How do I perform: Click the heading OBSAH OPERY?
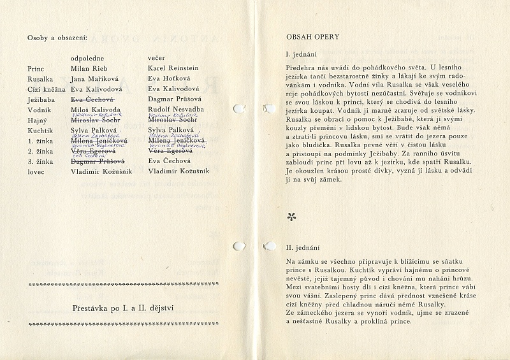(312, 37)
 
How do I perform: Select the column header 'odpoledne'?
(89, 57)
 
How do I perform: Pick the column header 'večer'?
(156, 57)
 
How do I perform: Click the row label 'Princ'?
(36, 68)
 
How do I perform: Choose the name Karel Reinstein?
(173, 68)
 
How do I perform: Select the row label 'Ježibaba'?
(40, 99)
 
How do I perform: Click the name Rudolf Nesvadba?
(175, 110)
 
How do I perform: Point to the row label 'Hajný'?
(37, 120)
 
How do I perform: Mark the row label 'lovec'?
(36, 172)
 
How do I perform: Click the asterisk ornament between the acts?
(292, 217)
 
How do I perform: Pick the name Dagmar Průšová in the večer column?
(174, 99)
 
